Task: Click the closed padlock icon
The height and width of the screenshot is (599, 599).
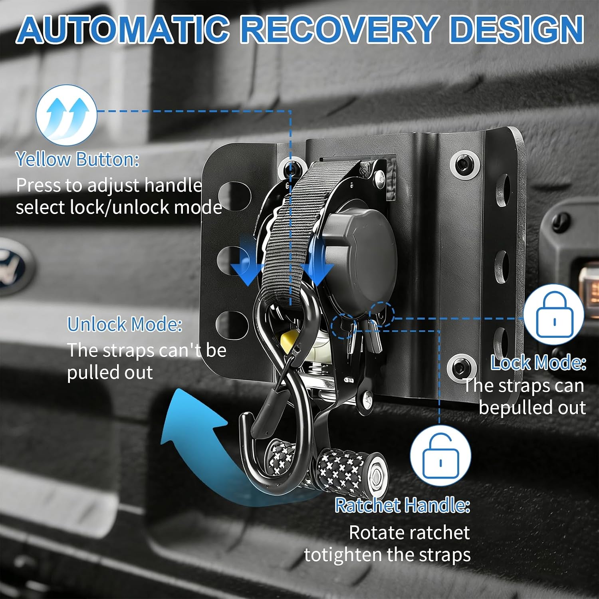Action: point(554,314)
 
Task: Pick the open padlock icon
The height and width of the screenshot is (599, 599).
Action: point(440,456)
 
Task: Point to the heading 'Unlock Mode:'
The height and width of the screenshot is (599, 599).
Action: point(125,324)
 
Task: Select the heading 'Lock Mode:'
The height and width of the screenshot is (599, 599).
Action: point(538,363)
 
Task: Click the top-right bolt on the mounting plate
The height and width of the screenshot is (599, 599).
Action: point(464,164)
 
